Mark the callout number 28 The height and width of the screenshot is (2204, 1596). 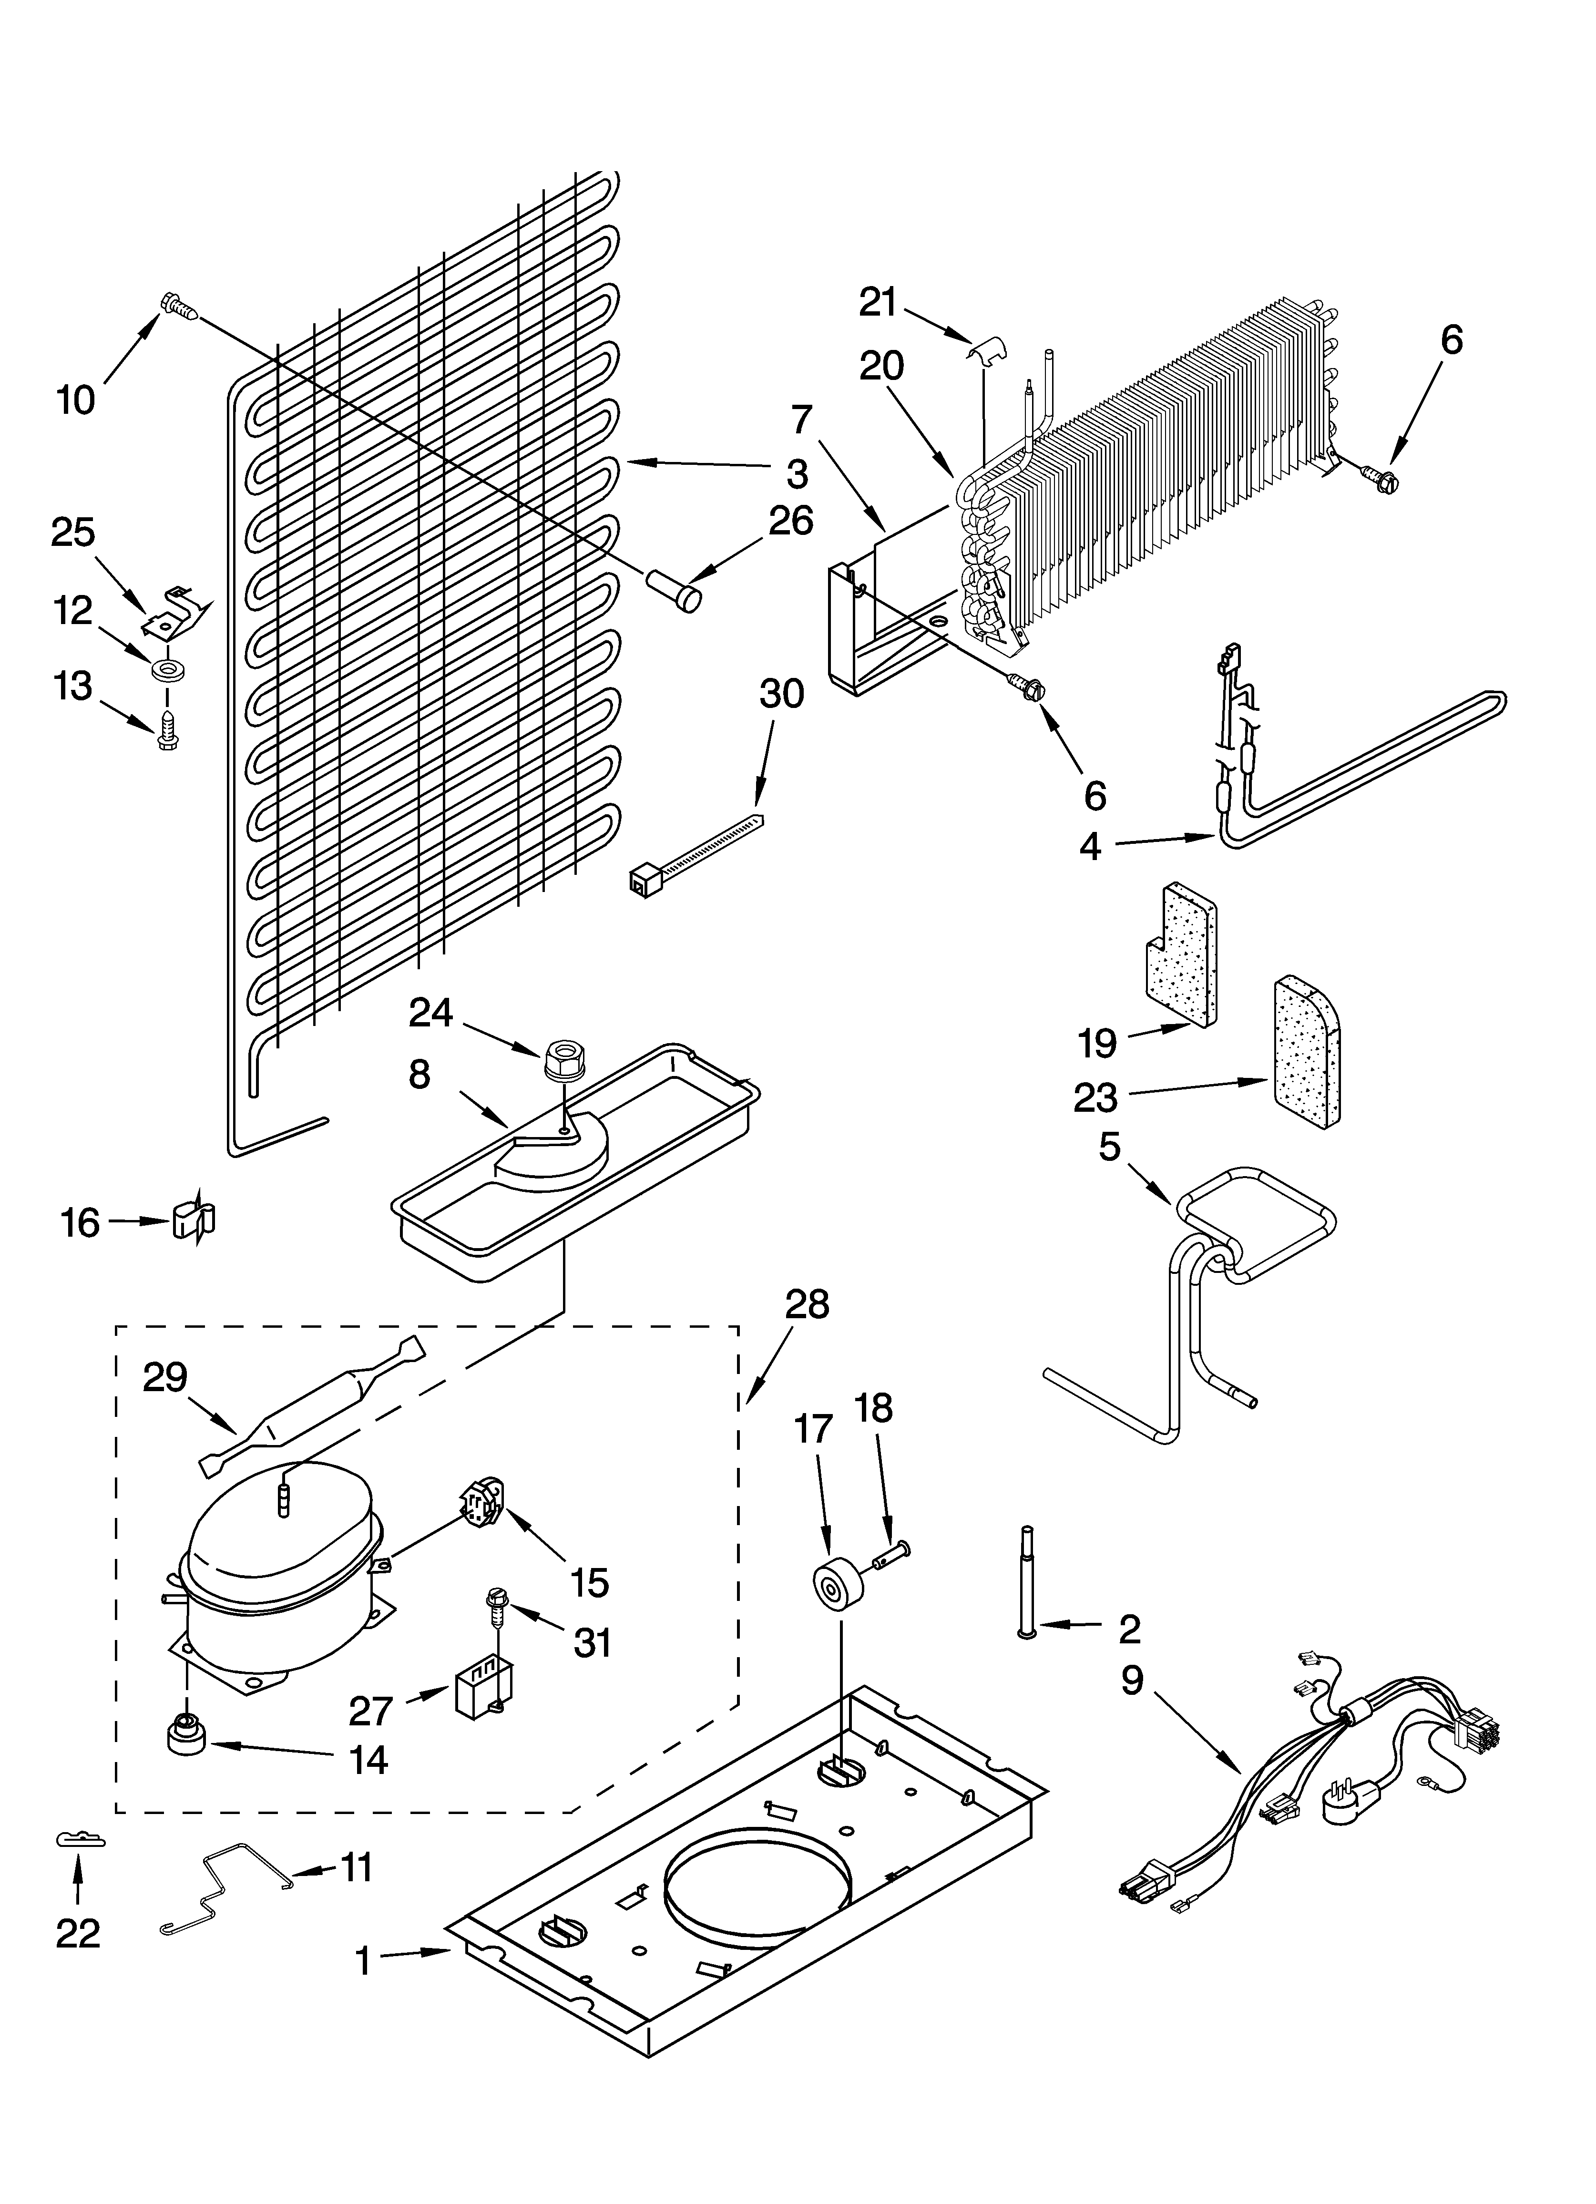pyautogui.click(x=807, y=1304)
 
